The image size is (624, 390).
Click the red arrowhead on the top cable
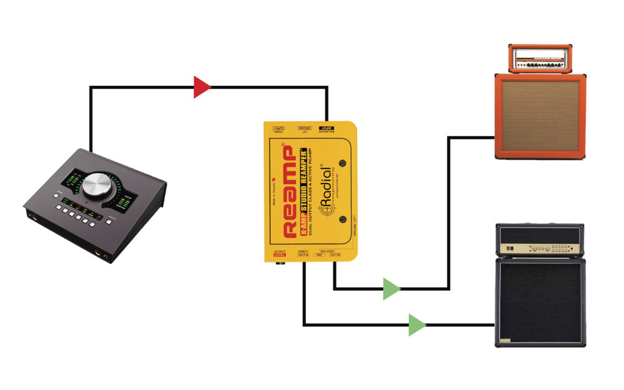point(202,87)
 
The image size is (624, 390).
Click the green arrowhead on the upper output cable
point(391,288)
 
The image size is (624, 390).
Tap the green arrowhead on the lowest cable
point(416,325)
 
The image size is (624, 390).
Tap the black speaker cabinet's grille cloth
point(540,302)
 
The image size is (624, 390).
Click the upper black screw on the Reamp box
point(342,162)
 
